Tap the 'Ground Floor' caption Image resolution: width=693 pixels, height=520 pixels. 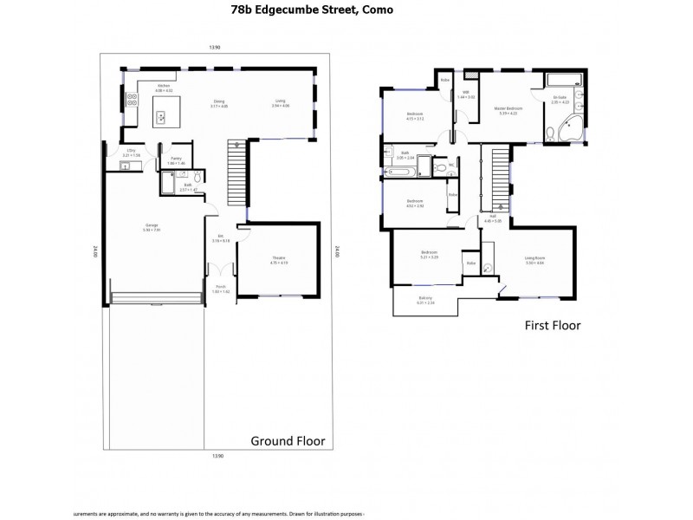tap(288, 440)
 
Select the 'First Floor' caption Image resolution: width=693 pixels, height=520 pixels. tap(552, 326)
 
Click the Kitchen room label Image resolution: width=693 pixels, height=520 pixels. tap(164, 88)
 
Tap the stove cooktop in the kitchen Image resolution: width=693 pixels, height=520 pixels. tap(132, 100)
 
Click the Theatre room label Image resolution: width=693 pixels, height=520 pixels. tap(278, 260)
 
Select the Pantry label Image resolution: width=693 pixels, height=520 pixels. tap(176, 159)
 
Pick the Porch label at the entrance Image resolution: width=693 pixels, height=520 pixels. tap(222, 290)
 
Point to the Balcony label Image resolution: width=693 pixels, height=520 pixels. tap(425, 301)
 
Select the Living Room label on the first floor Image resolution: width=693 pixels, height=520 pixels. tap(534, 259)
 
